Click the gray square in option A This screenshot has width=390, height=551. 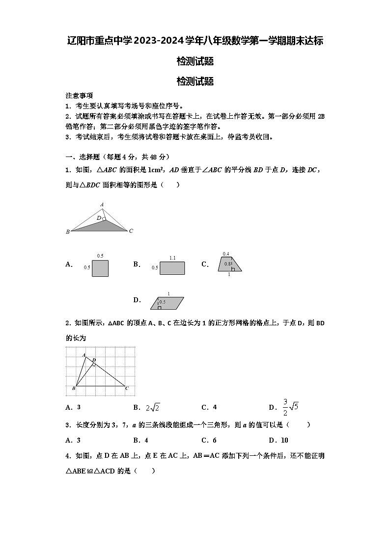click(x=100, y=268)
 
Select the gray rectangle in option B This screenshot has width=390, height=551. click(x=172, y=268)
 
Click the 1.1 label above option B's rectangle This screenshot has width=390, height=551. click(x=172, y=258)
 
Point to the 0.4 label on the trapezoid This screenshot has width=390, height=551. click(x=226, y=254)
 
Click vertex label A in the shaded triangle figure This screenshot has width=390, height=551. click(x=102, y=205)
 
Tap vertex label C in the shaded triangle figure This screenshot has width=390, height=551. click(x=131, y=231)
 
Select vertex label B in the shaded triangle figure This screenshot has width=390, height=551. click(x=68, y=232)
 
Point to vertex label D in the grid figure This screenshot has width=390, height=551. click(x=94, y=360)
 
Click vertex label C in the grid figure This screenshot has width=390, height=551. click(x=127, y=389)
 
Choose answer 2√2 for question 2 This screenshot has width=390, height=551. click(x=153, y=407)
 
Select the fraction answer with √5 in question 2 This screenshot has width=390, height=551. click(x=291, y=407)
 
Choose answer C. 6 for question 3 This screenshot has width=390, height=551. click(x=209, y=440)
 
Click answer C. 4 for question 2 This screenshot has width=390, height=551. click(x=209, y=407)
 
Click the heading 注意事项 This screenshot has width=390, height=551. click(x=79, y=96)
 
